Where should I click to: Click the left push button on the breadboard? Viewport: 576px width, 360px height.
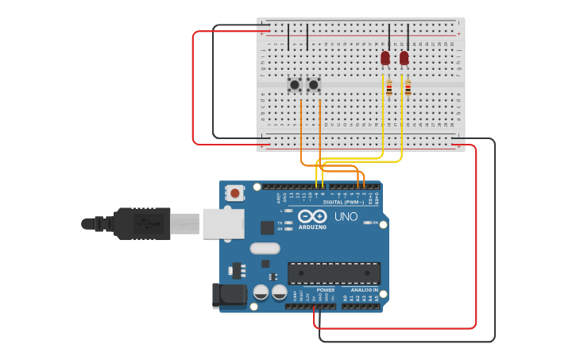click(x=294, y=83)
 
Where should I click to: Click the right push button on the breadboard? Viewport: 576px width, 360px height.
click(x=314, y=83)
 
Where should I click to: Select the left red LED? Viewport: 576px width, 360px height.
click(x=385, y=58)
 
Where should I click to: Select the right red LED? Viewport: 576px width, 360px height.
click(x=404, y=58)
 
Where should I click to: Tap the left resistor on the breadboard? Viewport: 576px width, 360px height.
click(x=389, y=89)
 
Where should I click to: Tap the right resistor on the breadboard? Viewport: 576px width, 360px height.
click(x=408, y=89)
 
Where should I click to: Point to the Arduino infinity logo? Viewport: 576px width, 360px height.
click(x=312, y=216)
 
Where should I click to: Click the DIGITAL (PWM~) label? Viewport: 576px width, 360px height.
click(x=344, y=202)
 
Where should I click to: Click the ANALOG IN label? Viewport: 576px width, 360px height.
click(x=365, y=290)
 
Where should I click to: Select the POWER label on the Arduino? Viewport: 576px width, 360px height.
click(x=326, y=290)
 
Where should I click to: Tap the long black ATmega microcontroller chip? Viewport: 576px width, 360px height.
click(x=334, y=273)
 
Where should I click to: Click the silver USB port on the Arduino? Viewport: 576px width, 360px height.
click(x=222, y=223)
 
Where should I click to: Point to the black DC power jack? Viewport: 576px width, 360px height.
click(x=229, y=296)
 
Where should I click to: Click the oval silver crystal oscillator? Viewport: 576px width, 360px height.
click(x=265, y=248)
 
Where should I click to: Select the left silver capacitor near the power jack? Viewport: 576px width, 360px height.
click(x=261, y=292)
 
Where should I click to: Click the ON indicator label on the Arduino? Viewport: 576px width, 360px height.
click(x=374, y=223)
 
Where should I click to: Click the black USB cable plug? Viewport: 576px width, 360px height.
click(x=143, y=223)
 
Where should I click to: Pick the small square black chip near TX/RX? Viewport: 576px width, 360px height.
click(x=267, y=227)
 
